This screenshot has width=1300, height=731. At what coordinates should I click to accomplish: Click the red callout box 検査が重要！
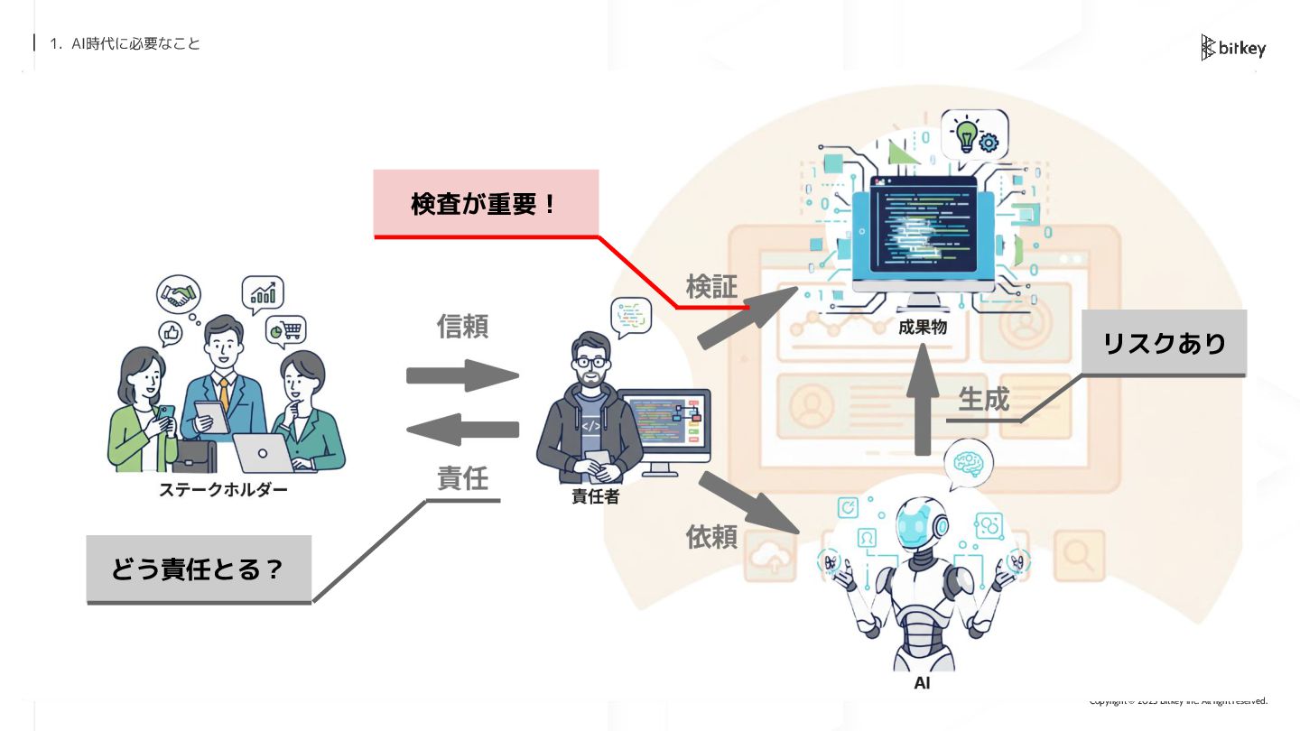(487, 204)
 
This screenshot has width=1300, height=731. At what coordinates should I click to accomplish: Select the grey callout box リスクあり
(1164, 343)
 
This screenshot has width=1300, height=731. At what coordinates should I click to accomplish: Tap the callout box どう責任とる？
(199, 569)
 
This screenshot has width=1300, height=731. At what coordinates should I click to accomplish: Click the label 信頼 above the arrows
(462, 327)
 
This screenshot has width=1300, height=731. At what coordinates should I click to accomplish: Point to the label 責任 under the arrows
(462, 478)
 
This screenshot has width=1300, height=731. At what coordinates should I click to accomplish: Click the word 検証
(711, 287)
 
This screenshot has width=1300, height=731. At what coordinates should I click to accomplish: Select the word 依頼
(711, 537)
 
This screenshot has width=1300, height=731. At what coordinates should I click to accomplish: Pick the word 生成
(983, 398)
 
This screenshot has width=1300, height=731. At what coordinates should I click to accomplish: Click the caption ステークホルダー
(223, 490)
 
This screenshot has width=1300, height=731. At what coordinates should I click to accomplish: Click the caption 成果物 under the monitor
(922, 327)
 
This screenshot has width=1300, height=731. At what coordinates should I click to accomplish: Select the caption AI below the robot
(922, 683)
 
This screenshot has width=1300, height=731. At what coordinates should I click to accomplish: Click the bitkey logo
(1233, 48)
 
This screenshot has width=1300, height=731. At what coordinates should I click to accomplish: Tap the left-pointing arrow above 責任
(462, 430)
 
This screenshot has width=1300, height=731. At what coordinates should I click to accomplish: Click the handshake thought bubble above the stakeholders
(178, 295)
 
